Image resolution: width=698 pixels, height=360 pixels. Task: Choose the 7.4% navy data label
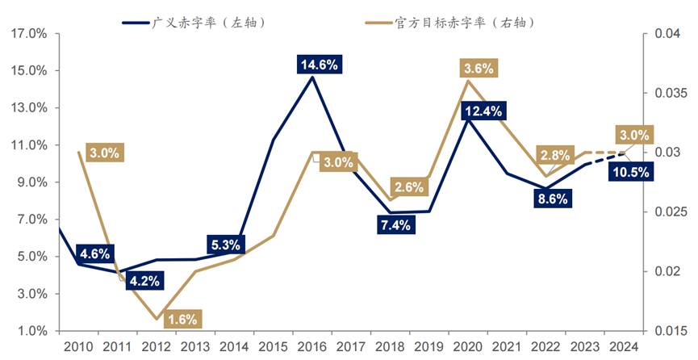[x=395, y=225]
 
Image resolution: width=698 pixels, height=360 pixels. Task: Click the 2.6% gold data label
[x=410, y=187]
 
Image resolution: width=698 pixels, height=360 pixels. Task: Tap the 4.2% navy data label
[x=145, y=282]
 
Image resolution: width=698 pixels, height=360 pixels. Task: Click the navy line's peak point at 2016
[x=311, y=77]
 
